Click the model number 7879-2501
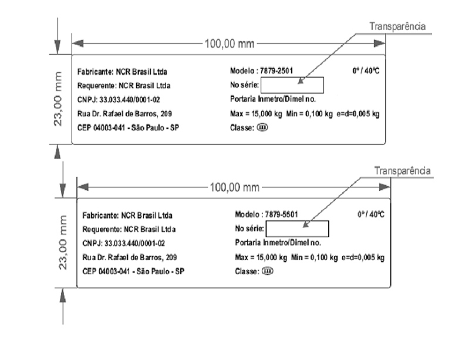pos(277,70)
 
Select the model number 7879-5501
pos(281,214)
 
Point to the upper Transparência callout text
pos(397,26)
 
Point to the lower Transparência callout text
pos(403,171)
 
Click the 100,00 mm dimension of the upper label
pos(230,44)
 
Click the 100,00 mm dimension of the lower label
pos(234,187)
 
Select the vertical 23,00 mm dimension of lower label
pos(62,243)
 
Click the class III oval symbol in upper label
pos(262,127)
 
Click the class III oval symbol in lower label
pos(267,271)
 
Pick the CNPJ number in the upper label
pos(130,100)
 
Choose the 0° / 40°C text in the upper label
pos(366,70)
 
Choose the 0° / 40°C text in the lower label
pos(371,214)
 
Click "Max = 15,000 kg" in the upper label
pos(256,114)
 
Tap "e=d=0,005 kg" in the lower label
pos(363,257)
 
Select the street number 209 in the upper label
pos(166,114)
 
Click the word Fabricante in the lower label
pos(100,216)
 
